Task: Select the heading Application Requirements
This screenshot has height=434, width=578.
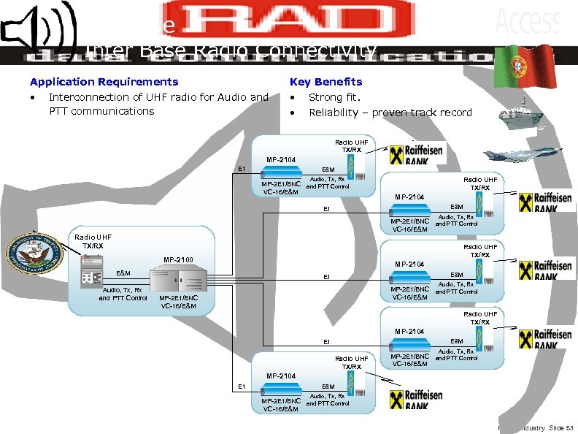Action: point(104,82)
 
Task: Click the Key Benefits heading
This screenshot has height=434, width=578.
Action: point(325,82)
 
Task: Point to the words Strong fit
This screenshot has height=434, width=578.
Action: point(335,96)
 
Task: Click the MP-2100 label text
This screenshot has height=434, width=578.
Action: point(179,259)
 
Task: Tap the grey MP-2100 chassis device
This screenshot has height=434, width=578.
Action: point(179,280)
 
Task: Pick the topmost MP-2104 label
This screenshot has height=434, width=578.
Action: point(281,159)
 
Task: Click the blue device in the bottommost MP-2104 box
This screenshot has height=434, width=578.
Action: point(280,389)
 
